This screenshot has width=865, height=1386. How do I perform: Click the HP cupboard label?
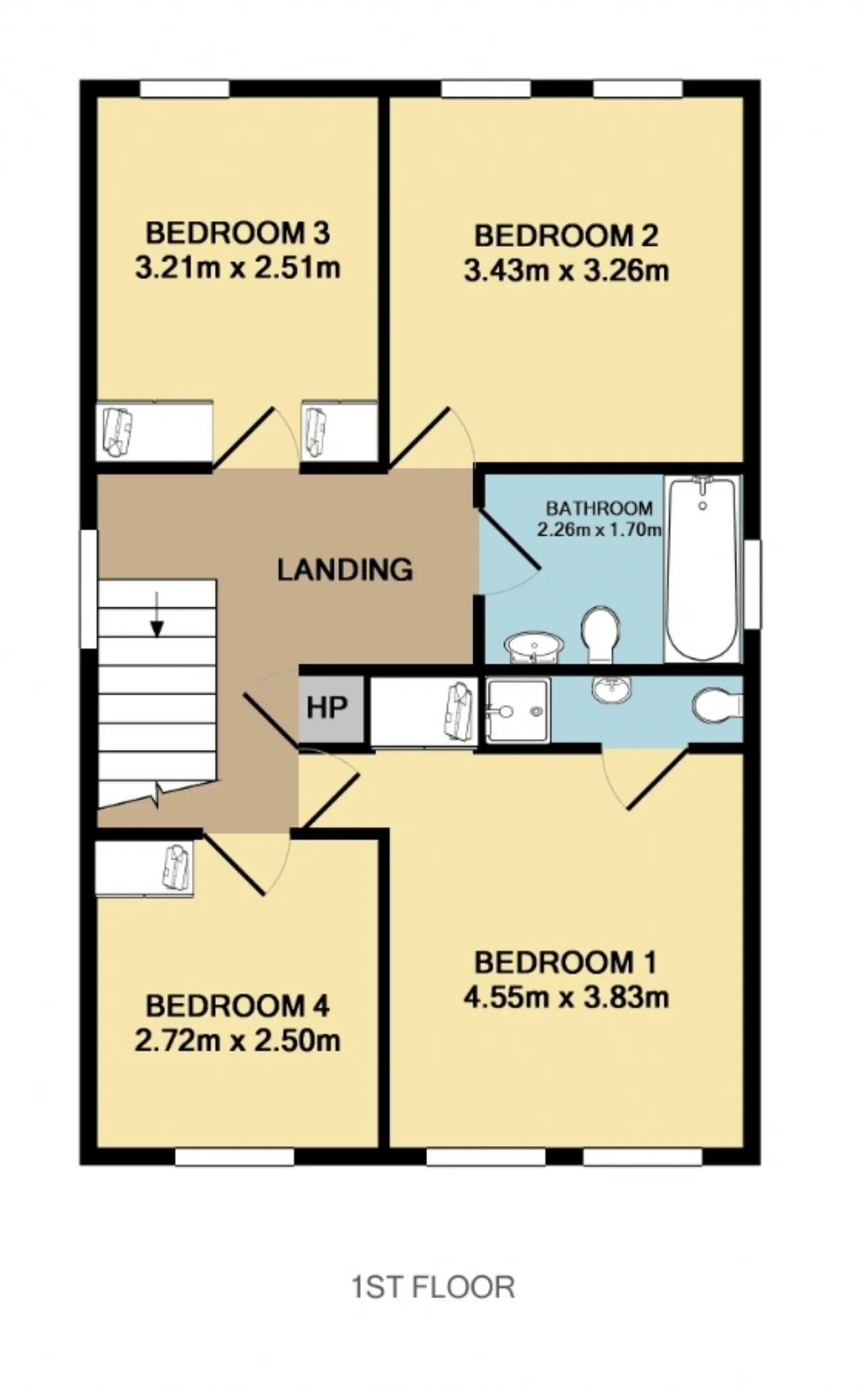pos(327,708)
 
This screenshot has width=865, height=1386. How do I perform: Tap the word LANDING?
pos(345,570)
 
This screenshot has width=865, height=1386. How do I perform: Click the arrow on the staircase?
pos(157,614)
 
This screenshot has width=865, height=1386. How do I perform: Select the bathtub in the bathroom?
pos(702,569)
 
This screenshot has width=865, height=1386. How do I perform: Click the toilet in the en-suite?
pos(718,705)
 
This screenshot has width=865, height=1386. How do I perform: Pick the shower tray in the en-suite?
pos(518,711)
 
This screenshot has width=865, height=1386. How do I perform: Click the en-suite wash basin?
pos(612,689)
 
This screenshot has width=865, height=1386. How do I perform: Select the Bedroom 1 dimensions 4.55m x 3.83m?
pos(566,997)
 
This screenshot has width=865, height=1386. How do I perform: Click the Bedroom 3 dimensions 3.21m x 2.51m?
pos(238,268)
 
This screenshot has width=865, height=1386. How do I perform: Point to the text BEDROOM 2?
pos(566,236)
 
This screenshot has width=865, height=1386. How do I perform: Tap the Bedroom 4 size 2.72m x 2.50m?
pos(237,1041)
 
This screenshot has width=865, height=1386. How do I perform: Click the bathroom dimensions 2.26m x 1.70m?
pos(599,530)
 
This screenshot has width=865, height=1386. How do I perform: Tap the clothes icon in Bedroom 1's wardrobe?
pos(459,710)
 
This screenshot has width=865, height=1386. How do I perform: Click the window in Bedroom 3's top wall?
pos(184,89)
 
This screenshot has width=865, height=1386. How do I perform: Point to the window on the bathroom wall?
pos(752,584)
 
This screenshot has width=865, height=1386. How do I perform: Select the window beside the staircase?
pos(89,589)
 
